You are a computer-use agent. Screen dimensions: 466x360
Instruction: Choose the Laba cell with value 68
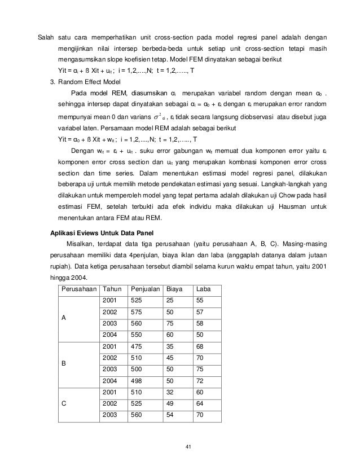click(x=199, y=361)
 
